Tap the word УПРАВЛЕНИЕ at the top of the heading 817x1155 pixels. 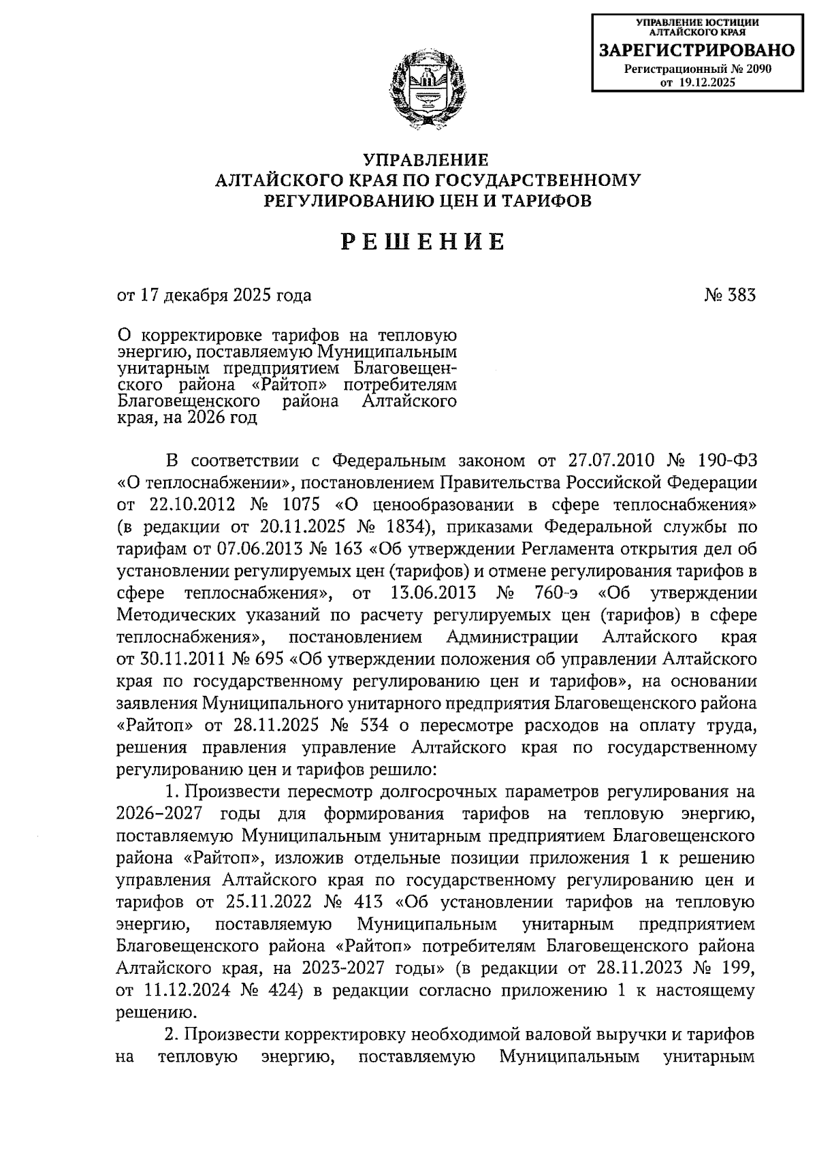click(426, 159)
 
